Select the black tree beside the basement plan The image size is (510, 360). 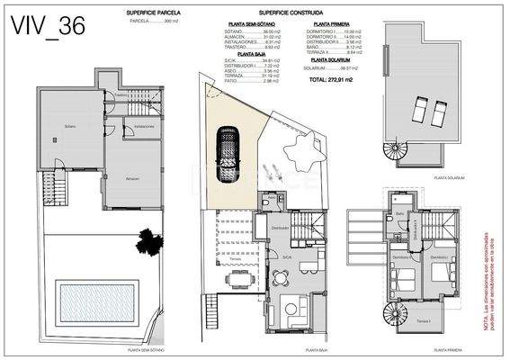coord(146,240)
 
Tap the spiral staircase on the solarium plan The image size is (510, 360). coord(396,153)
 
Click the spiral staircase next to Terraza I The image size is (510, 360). coord(396,314)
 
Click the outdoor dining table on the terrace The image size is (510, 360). coord(241,280)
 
